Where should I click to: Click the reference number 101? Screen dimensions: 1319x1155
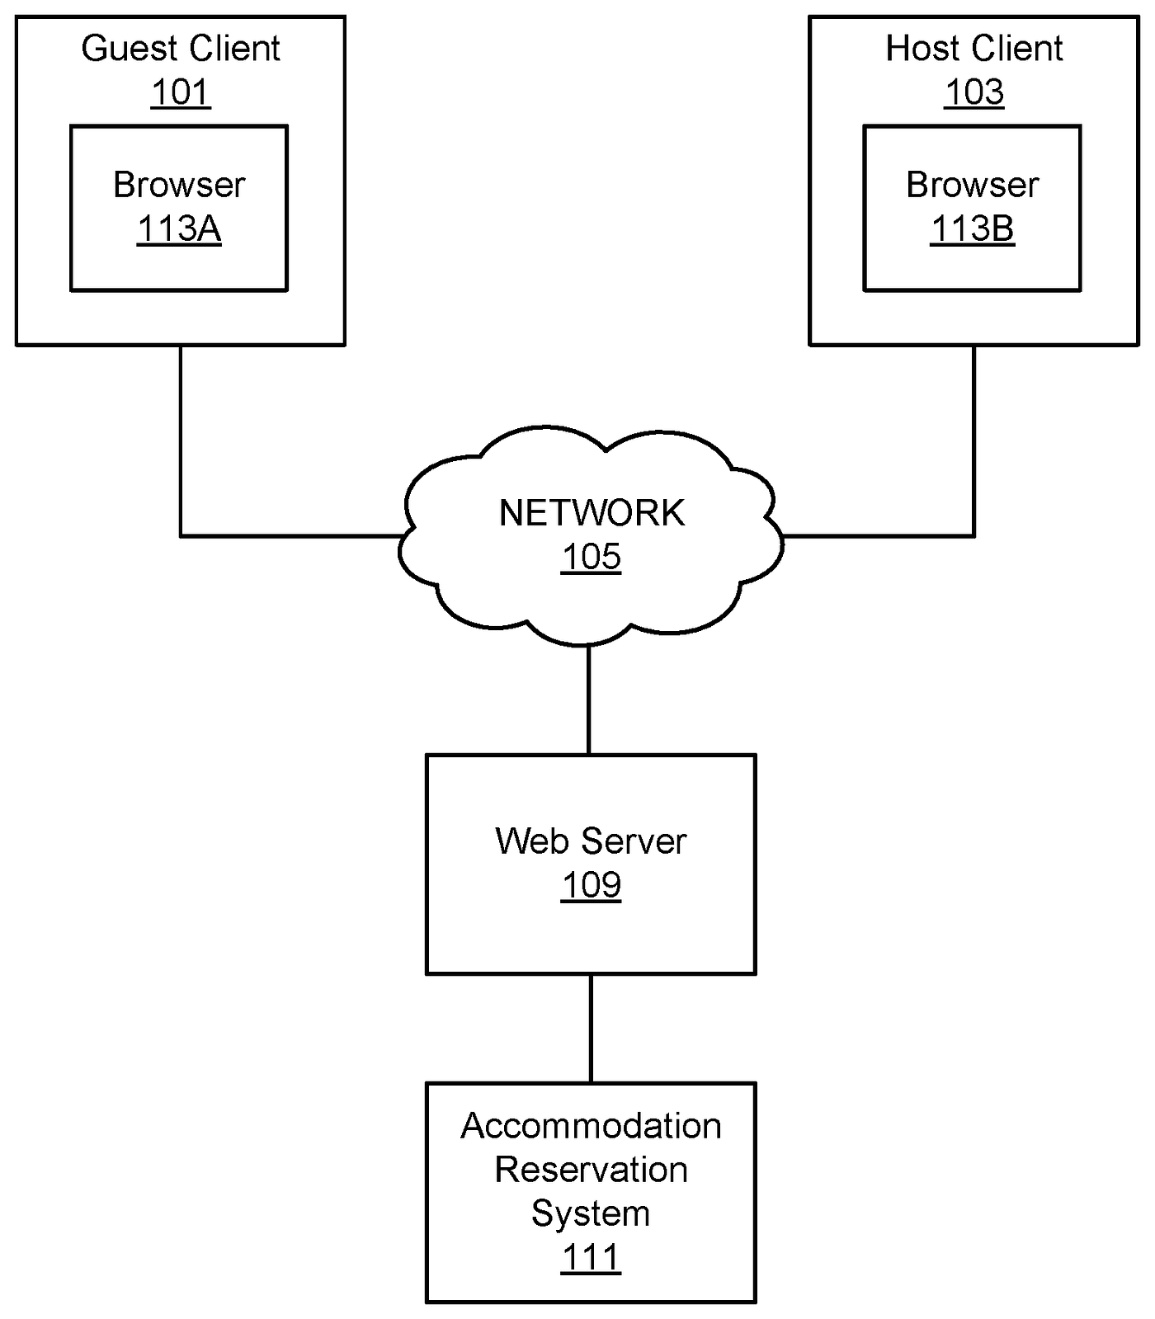click(180, 92)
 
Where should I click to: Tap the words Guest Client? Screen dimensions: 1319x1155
click(180, 49)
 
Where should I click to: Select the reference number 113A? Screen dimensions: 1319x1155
click(179, 228)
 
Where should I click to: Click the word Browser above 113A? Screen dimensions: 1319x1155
click(179, 185)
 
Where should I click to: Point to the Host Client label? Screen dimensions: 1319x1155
click(973, 49)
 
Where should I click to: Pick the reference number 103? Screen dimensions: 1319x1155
click(973, 92)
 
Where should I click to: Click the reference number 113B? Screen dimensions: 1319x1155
click(972, 228)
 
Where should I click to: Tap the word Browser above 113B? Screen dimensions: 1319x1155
click(972, 185)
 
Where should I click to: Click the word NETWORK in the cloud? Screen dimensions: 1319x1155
click(591, 513)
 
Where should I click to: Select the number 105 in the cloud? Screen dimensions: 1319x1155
click(591, 557)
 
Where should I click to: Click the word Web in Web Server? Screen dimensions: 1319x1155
click(524, 841)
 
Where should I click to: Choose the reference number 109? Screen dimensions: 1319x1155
click(591, 885)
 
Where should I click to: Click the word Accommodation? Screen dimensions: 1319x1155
click(591, 1126)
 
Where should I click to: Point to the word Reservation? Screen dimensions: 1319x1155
click(591, 1170)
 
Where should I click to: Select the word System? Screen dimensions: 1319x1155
click(591, 1213)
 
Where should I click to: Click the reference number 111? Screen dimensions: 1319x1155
click(591, 1258)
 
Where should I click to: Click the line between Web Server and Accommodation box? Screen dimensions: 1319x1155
click(591, 1029)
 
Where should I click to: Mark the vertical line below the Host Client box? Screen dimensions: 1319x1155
click(973, 437)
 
